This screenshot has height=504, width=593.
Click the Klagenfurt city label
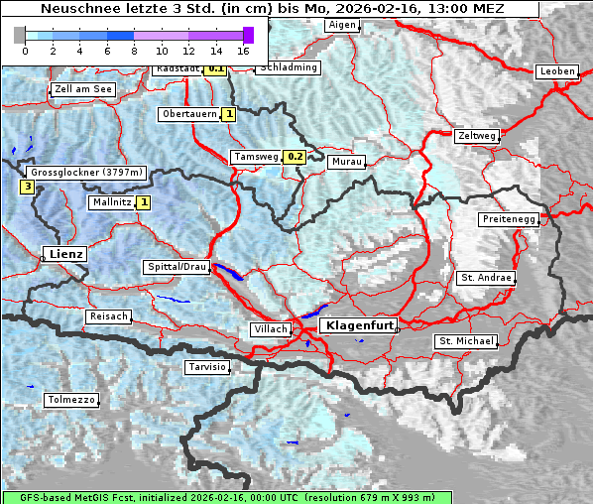pyautogui.click(x=361, y=325)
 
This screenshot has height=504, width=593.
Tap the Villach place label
pyautogui.click(x=271, y=329)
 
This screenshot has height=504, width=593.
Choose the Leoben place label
pyautogui.click(x=556, y=71)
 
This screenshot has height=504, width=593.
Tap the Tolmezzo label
pyautogui.click(x=71, y=400)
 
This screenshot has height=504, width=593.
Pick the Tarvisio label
pyautogui.click(x=207, y=367)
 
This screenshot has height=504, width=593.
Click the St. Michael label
pyautogui.click(x=466, y=341)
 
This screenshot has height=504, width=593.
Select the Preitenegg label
pyautogui.click(x=510, y=219)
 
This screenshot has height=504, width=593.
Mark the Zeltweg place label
pyautogui.click(x=476, y=136)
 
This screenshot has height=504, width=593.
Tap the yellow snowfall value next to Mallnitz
pyautogui.click(x=144, y=202)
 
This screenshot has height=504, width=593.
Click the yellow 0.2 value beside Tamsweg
pyautogui.click(x=295, y=157)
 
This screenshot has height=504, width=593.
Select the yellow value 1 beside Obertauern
pyautogui.click(x=229, y=114)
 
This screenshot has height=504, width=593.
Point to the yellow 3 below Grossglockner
pyautogui.click(x=28, y=186)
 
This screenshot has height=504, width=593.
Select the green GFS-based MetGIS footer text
pyautogui.click(x=226, y=497)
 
